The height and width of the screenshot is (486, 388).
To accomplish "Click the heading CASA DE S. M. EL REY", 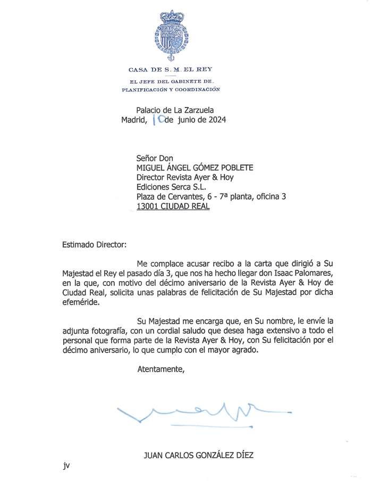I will [x=170, y=70].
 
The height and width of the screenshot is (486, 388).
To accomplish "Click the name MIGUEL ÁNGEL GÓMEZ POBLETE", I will [x=195, y=168].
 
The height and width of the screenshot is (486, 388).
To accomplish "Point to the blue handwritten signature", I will [x=192, y=410].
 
